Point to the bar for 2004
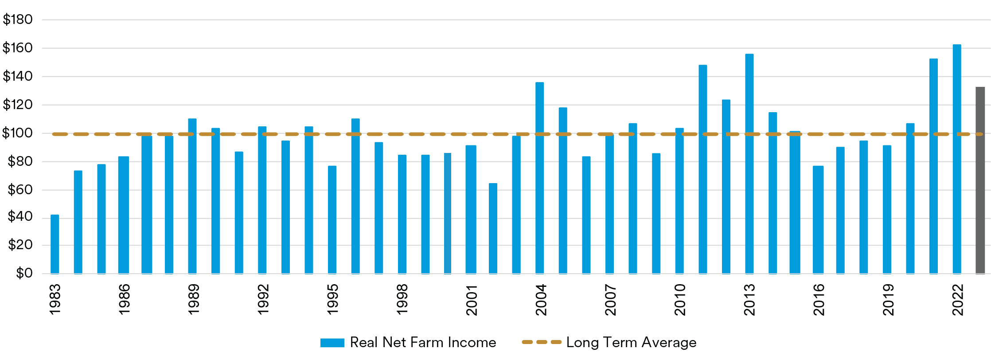[539, 177]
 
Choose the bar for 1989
[192, 196]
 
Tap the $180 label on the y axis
[18, 20]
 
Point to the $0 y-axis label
[24, 273]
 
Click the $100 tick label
[18, 133]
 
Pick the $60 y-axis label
[20, 190]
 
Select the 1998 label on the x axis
[402, 300]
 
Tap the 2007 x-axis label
[610, 300]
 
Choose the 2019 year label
[888, 300]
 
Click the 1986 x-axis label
[124, 300]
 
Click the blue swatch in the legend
[332, 343]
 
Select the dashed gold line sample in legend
[542, 342]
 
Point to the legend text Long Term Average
[631, 342]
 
